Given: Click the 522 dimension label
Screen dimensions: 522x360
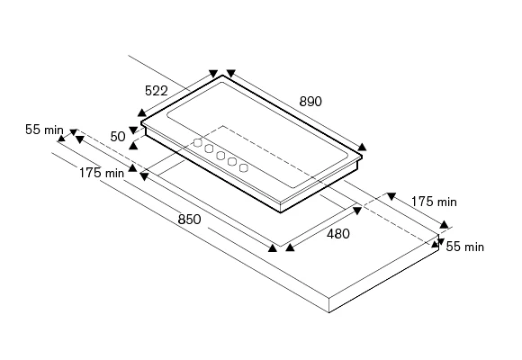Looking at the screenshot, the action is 157,91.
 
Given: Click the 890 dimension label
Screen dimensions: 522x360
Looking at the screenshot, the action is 310,101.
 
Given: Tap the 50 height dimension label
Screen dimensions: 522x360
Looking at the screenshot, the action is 118,137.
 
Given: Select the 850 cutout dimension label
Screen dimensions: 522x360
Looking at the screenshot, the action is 189,220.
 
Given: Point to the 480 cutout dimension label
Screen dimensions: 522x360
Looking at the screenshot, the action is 338,234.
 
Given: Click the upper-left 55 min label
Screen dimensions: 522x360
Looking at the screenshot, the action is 44,130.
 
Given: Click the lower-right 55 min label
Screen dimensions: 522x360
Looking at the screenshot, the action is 465,247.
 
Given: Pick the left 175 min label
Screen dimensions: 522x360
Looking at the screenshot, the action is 102,173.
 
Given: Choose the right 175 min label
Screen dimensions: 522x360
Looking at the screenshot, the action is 434,202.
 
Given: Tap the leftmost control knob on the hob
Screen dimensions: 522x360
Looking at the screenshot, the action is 198,143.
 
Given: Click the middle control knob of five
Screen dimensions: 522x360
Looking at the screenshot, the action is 220,155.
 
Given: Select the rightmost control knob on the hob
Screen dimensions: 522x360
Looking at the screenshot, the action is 244,167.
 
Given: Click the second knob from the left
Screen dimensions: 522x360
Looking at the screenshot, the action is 209,148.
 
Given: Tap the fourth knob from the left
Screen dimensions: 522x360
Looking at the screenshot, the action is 232,162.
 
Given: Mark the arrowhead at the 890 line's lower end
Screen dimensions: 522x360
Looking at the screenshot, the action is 362,147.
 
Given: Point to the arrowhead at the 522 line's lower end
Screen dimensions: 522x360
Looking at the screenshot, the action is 142,112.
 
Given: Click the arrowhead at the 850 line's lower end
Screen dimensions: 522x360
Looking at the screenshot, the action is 273,247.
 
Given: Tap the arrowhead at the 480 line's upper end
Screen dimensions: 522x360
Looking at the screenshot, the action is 357,211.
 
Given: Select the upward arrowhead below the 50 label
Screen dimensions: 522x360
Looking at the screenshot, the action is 133,145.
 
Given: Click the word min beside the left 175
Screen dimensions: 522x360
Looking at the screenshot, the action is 114,173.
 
